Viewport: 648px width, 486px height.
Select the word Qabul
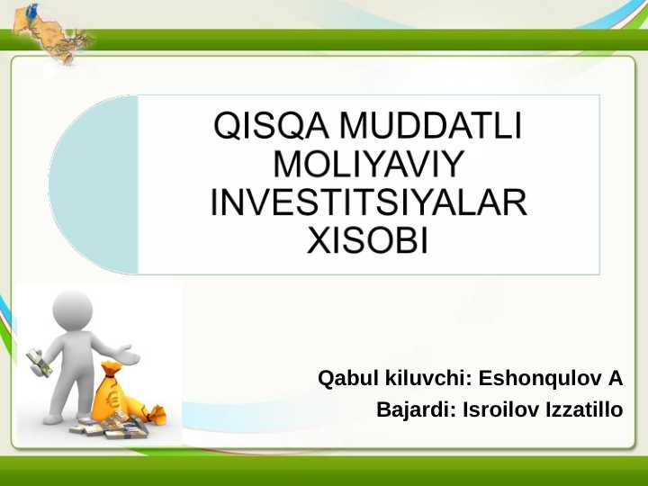[x=349, y=377]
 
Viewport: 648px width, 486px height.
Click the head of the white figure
[x=73, y=311]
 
